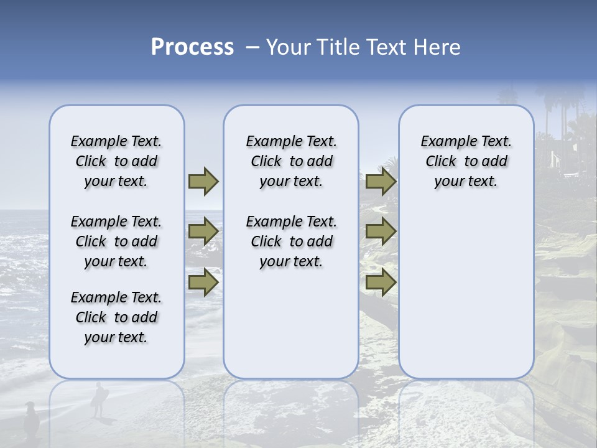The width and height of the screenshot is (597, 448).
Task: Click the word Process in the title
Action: [x=192, y=47]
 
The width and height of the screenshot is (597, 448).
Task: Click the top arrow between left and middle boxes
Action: [x=203, y=182]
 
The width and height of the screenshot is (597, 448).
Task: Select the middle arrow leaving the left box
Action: [x=203, y=232]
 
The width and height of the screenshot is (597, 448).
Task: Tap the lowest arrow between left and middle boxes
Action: [x=203, y=282]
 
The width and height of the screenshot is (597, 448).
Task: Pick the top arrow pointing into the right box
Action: [x=381, y=182]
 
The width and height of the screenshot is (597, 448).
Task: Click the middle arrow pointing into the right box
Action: [x=381, y=232]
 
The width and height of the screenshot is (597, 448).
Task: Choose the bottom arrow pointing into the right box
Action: [x=381, y=282]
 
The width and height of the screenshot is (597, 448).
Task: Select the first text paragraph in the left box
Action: [x=116, y=161]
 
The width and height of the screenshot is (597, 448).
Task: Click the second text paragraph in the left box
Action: [x=116, y=241]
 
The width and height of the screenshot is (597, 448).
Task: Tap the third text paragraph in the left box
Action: [x=116, y=317]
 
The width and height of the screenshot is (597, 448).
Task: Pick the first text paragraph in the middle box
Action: [x=291, y=161]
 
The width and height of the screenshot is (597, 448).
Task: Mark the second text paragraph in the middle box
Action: [x=291, y=241]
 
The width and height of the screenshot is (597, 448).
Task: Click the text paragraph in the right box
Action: [x=466, y=161]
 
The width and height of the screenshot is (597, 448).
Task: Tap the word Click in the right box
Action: [x=441, y=162]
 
